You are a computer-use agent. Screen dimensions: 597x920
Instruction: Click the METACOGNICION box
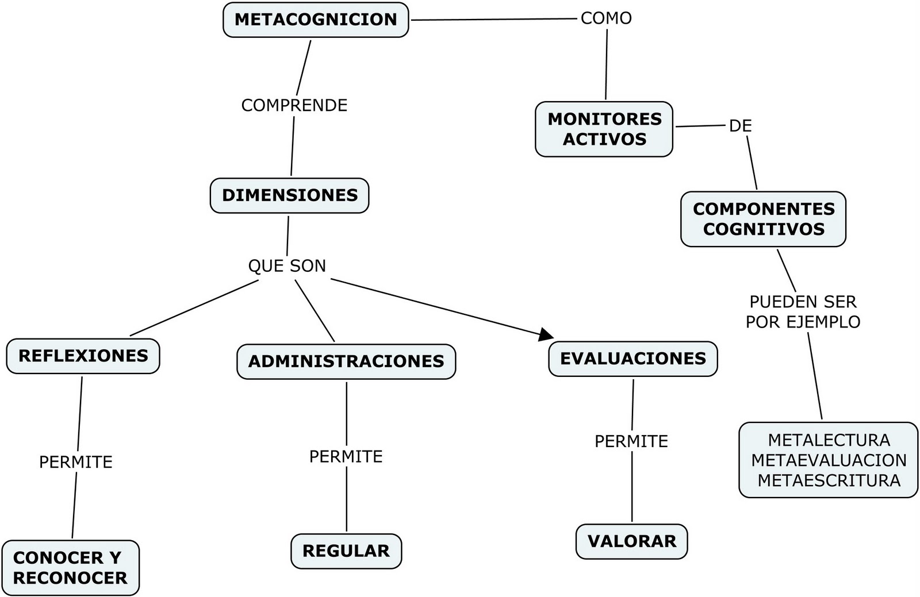[316, 20]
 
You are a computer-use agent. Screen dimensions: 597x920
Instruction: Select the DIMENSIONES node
[290, 195]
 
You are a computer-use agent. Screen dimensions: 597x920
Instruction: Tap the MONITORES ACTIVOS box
[604, 129]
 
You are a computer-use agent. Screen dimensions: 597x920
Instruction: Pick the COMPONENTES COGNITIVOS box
[764, 219]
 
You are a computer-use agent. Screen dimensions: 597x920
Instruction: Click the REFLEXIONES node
[83, 356]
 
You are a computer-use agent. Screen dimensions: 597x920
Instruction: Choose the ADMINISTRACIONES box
[346, 361]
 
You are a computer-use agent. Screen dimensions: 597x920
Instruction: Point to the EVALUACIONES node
[633, 359]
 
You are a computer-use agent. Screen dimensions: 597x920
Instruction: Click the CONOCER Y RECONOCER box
[70, 568]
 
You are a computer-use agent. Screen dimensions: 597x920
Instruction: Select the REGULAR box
[346, 551]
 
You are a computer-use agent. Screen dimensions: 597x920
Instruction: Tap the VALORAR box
[632, 541]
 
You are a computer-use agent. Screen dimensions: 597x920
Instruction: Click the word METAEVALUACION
[829, 460]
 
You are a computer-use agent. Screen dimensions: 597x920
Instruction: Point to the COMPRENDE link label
[294, 106]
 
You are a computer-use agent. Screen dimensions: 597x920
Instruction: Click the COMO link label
[606, 18]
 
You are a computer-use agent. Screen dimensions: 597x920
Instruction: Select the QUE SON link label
[287, 266]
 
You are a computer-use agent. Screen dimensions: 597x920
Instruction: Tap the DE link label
[740, 126]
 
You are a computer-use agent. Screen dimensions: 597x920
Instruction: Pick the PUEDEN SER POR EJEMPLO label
[803, 312]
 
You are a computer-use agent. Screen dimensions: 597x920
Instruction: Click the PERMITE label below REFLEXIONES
[76, 462]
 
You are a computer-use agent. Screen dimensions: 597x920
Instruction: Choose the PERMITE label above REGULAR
[346, 457]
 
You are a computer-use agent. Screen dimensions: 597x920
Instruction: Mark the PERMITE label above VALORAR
[631, 441]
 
